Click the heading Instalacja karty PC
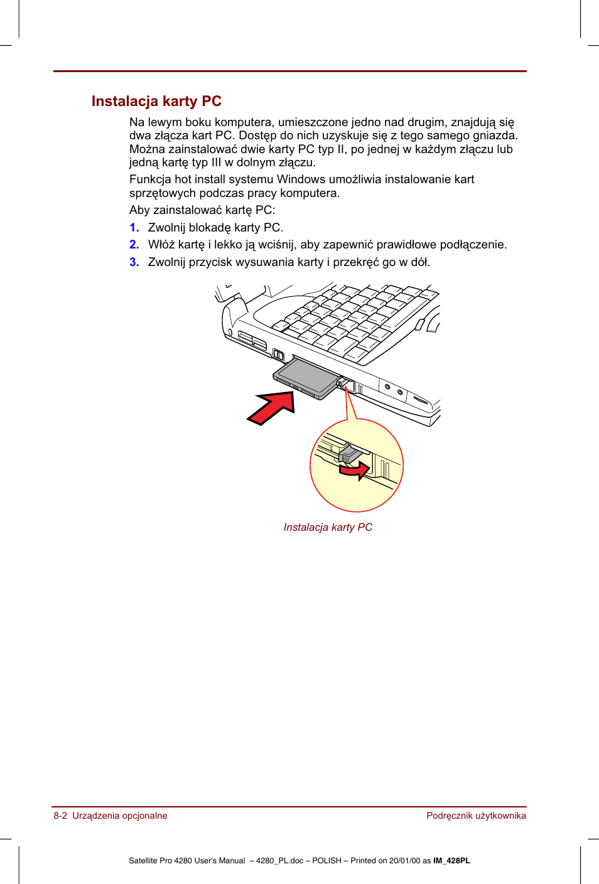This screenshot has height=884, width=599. click(156, 102)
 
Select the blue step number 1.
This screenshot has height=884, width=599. click(134, 228)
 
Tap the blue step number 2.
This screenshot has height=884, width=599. click(134, 245)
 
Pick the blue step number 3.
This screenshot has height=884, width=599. click(134, 262)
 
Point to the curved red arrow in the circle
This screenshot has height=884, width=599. click(355, 470)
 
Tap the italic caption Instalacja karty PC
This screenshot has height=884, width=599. click(328, 528)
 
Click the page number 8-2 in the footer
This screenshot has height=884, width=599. click(60, 816)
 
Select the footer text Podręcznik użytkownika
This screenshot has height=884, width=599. click(476, 816)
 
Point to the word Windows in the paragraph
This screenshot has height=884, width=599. click(301, 179)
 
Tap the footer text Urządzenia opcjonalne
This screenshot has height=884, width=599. click(120, 816)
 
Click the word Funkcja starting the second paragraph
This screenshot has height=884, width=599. click(150, 179)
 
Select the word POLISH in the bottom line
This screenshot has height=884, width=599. click(326, 861)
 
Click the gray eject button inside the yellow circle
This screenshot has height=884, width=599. click(348, 454)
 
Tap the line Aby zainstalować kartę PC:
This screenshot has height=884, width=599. click(202, 210)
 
